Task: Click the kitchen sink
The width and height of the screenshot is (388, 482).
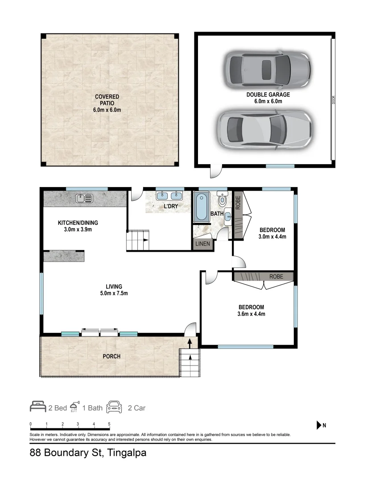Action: tap(84, 198)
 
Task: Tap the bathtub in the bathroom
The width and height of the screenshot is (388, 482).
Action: tap(201, 206)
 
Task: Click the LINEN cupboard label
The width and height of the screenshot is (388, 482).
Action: tap(202, 244)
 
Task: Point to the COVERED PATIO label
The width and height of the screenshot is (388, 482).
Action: tap(107, 103)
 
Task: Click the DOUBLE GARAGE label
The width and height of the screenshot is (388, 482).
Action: tap(268, 95)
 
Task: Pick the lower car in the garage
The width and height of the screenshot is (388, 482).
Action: tap(264, 129)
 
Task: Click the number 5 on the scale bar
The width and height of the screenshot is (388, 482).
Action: tap(109, 424)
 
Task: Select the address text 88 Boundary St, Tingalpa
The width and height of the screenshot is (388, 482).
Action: tap(88, 453)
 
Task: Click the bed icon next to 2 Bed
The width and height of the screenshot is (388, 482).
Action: tap(38, 407)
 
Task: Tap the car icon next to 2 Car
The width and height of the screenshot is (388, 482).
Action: tap(114, 407)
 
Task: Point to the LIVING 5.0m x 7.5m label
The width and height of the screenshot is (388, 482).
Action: tap(114, 290)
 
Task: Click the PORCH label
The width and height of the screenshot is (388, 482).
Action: tap(111, 356)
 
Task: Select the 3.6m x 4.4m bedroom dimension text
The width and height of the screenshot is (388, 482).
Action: tap(251, 314)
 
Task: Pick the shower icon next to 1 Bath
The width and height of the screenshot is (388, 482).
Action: tap(75, 407)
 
